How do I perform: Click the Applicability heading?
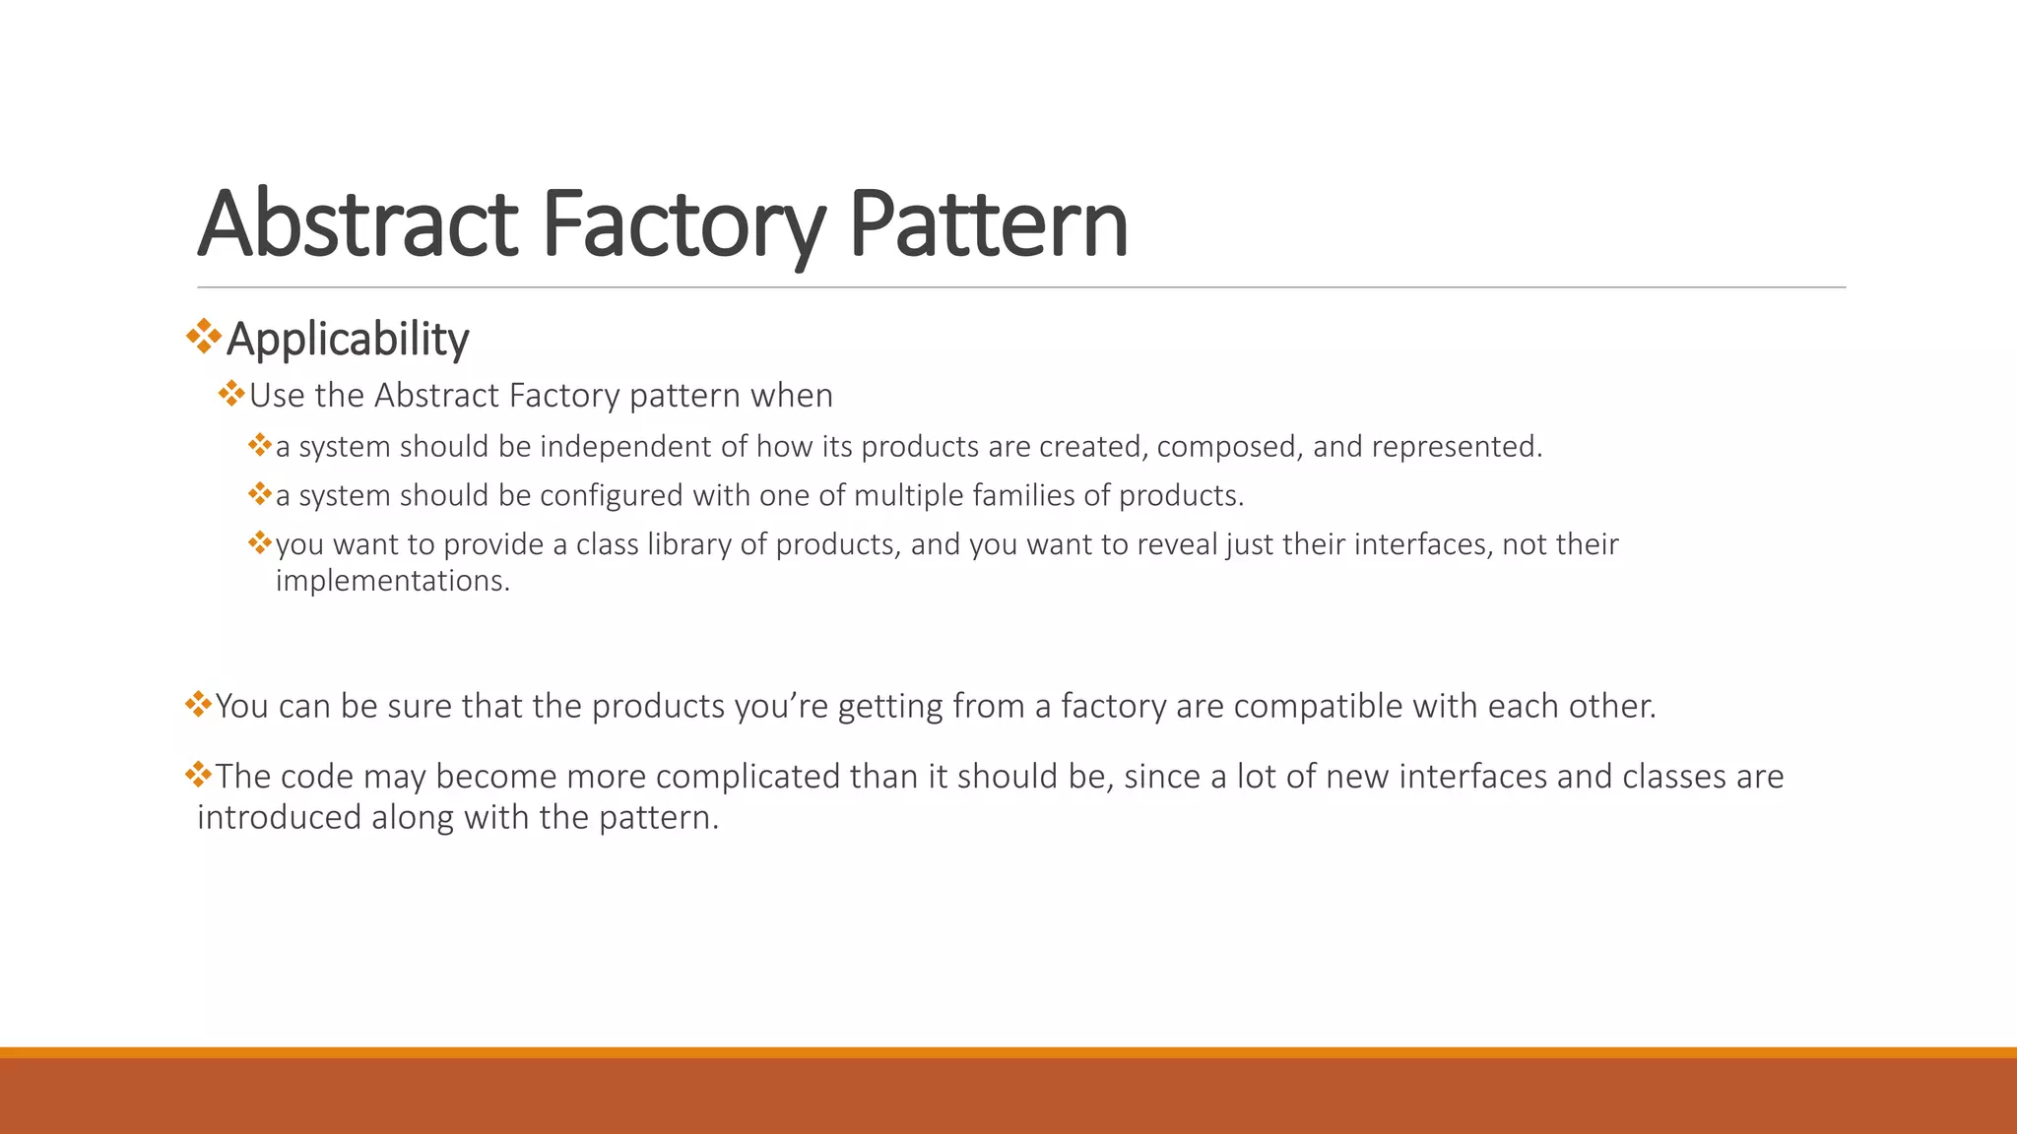tap(348, 339)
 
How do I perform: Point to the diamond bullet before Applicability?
tap(204, 337)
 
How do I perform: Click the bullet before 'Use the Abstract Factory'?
tap(231, 395)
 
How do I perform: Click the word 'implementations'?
tap(392, 581)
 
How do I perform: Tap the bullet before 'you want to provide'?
tap(260, 542)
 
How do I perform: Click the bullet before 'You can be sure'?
tap(198, 704)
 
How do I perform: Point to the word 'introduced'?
tap(279, 817)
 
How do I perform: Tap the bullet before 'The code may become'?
tap(198, 775)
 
